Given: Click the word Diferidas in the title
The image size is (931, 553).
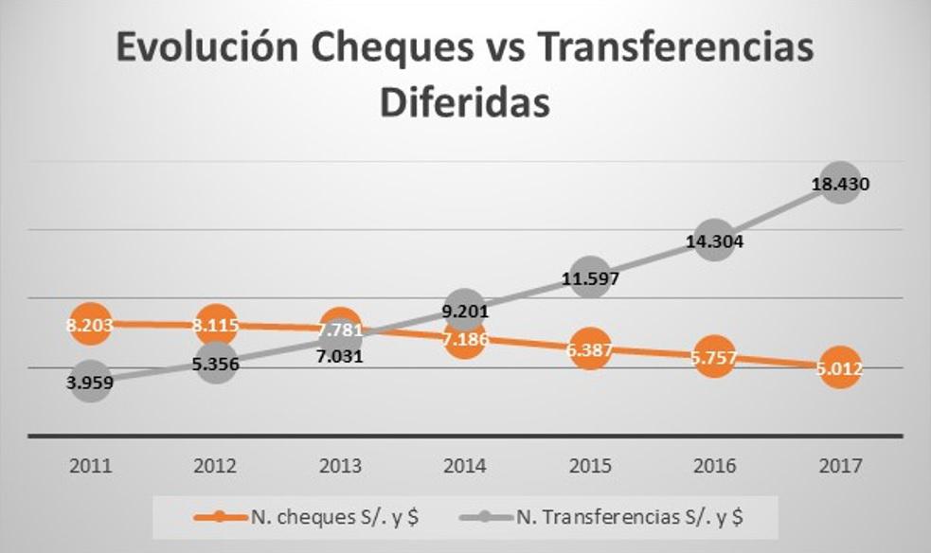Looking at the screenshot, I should coord(465,102).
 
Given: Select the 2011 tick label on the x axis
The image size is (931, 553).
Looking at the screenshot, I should coord(91,467).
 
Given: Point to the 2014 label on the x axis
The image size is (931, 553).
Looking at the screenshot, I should coord(464,467).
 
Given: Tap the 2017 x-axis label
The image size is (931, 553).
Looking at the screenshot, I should coord(838,467).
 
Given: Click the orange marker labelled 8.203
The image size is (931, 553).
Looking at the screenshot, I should coord(91,325).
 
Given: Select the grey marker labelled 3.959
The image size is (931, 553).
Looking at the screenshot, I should coord(91,383).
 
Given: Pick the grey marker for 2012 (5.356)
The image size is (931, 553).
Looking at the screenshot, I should coord(216,364).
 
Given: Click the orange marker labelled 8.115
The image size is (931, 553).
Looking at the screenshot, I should coord(216,325).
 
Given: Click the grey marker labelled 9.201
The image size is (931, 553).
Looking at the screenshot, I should coord(464,310).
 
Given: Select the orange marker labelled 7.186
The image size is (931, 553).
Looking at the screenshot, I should coord(464,337).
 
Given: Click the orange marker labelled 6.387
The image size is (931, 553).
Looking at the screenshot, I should coord(589,349).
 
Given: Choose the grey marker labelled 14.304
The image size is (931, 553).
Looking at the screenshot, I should coord(714,241).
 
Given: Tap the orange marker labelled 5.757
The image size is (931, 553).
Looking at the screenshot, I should coord(714,360).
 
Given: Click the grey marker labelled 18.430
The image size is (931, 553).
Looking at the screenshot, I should coord(839,184).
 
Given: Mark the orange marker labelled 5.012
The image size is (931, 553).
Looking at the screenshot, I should coord(839,369).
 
